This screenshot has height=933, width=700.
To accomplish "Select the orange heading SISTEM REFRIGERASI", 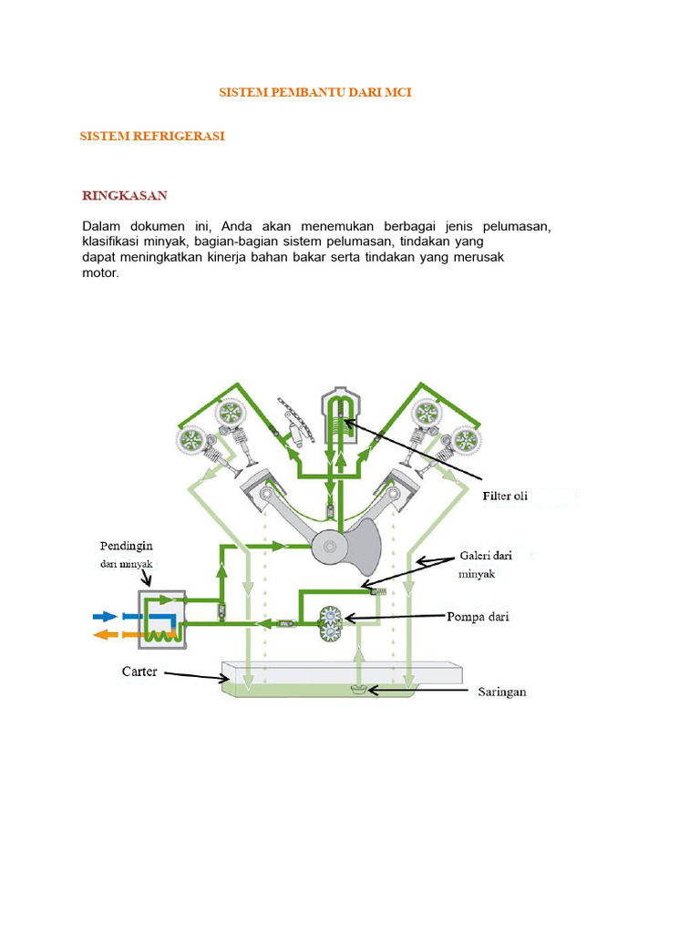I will (152, 136).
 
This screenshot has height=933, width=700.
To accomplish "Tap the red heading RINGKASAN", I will (125, 196).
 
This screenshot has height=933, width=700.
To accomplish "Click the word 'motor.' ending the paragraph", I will (100, 272).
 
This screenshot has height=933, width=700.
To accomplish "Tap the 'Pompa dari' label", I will (481, 617).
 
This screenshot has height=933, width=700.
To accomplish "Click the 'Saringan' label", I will (502, 692).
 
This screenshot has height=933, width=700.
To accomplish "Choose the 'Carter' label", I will (140, 672).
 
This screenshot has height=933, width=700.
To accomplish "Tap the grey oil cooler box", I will (161, 620).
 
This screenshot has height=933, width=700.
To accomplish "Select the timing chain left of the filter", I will (293, 419).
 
